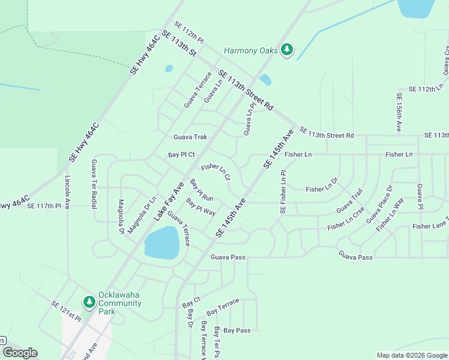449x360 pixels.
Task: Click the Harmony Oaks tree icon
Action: point(287,50)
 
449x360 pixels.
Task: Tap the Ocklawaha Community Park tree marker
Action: point(89,302)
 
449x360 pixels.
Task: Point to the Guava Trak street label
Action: point(190,137)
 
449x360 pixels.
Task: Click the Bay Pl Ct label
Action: point(182,155)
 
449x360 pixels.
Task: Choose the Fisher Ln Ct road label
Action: point(216,172)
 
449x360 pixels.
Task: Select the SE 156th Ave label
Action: point(398,112)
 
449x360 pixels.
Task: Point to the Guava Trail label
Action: point(349,200)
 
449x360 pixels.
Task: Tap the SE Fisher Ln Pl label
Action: point(283,192)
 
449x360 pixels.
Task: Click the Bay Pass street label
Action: point(237,331)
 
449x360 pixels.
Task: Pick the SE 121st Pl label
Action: point(65,310)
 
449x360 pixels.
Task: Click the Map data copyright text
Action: point(411,355)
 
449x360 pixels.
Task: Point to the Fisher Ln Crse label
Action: point(346,223)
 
